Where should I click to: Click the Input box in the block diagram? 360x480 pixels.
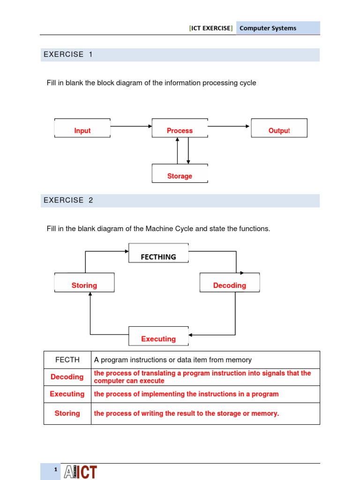82,128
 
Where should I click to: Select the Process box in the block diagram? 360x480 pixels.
180,128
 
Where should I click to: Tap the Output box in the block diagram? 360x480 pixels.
279,128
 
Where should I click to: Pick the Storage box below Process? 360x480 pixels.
180,174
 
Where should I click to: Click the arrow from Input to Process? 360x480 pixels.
131,126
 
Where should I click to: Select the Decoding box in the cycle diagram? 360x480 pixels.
229,283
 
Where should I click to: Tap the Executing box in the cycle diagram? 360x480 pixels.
158,336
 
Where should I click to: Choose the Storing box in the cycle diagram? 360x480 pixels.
84,283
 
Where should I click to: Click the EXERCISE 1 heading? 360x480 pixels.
68,54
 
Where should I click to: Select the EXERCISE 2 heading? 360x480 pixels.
68,200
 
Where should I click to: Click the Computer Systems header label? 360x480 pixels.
268,28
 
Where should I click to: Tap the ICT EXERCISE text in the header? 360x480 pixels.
210,28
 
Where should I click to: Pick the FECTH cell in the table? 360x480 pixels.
67,360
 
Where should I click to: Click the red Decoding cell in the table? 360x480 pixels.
67,377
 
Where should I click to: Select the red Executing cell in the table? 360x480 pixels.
67,394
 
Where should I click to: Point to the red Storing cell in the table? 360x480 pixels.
67,413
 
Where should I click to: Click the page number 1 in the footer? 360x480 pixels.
55,470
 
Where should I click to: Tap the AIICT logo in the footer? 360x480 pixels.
80,472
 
